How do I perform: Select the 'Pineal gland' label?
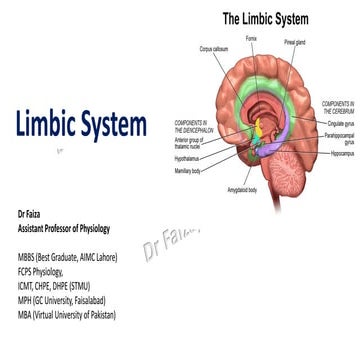pyautogui.click(x=295, y=43)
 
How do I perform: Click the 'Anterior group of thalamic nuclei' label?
pyautogui.click(x=191, y=143)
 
